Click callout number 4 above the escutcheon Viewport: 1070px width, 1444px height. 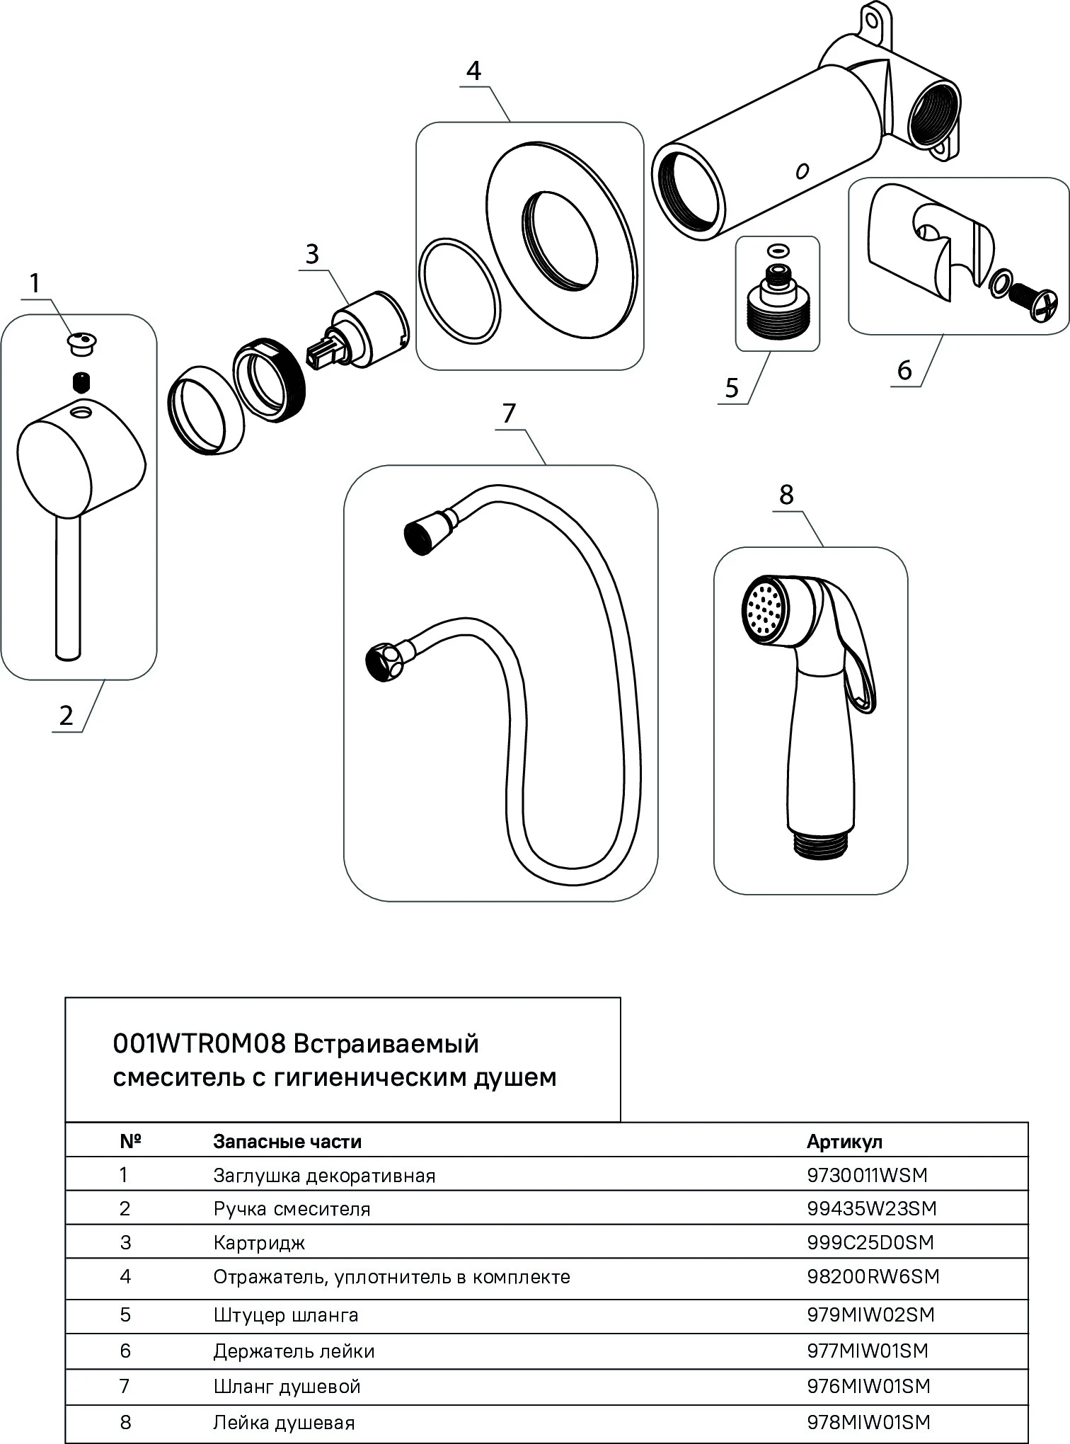pos(474,71)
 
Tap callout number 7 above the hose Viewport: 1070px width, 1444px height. pos(509,413)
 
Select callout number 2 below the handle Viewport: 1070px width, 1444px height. pos(66,716)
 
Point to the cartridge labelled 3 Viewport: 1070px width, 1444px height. pos(368,329)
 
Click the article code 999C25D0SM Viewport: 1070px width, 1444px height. pos(870,1242)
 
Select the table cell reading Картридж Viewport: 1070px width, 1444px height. pos(259,1243)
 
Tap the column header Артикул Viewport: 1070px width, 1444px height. pos(844,1142)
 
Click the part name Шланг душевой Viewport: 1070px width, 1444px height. pos(287,1386)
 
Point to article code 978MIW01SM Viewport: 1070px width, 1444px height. pos(868,1422)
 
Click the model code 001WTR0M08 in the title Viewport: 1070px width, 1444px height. pos(199,1044)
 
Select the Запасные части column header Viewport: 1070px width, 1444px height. pos(287,1142)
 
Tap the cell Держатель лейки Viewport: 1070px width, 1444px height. pos(294,1351)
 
